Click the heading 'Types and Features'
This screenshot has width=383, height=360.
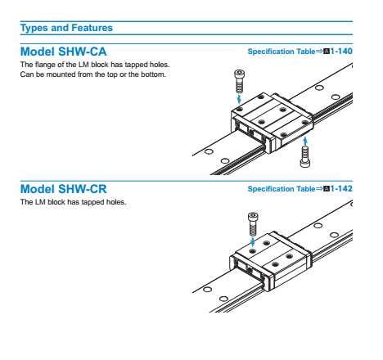[66, 28]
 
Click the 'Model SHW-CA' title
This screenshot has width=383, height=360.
[64, 52]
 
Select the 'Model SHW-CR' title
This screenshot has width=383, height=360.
[64, 189]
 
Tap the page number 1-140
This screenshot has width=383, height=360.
[341, 52]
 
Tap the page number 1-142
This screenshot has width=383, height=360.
[341, 189]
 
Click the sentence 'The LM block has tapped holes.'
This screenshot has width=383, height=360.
[74, 202]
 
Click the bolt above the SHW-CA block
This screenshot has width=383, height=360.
[239, 81]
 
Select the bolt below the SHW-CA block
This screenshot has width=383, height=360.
[305, 156]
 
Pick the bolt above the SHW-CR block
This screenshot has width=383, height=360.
[253, 224]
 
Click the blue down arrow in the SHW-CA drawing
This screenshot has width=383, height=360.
[239, 99]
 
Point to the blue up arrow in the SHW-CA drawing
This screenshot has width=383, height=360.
[305, 141]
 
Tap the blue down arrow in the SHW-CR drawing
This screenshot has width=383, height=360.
[253, 241]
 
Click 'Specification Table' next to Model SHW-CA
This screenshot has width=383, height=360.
[282, 52]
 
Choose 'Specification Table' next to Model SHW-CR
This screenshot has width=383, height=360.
[282, 189]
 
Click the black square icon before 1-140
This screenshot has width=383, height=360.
[327, 52]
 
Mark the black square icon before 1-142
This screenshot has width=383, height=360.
[327, 189]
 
